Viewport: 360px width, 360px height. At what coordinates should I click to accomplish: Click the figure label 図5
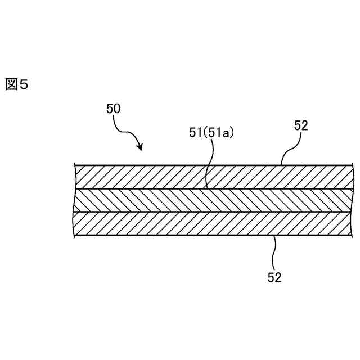point(16,84)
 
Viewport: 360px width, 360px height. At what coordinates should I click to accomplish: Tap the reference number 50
point(113,109)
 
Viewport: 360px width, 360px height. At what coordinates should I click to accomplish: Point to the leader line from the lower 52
point(274,252)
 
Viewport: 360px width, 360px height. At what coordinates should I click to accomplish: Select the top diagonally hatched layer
point(169,177)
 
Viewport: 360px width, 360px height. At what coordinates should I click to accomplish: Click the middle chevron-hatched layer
point(169,200)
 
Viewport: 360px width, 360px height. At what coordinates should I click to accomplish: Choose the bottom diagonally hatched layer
point(169,224)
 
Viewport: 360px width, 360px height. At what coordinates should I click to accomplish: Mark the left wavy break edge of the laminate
point(75,200)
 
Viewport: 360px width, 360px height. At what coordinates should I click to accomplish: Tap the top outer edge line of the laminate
point(169,165)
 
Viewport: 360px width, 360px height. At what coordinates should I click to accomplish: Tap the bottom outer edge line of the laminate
point(169,236)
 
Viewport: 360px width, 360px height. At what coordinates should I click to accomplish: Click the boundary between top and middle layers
point(169,188)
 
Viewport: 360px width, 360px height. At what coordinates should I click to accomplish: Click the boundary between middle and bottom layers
point(169,212)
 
